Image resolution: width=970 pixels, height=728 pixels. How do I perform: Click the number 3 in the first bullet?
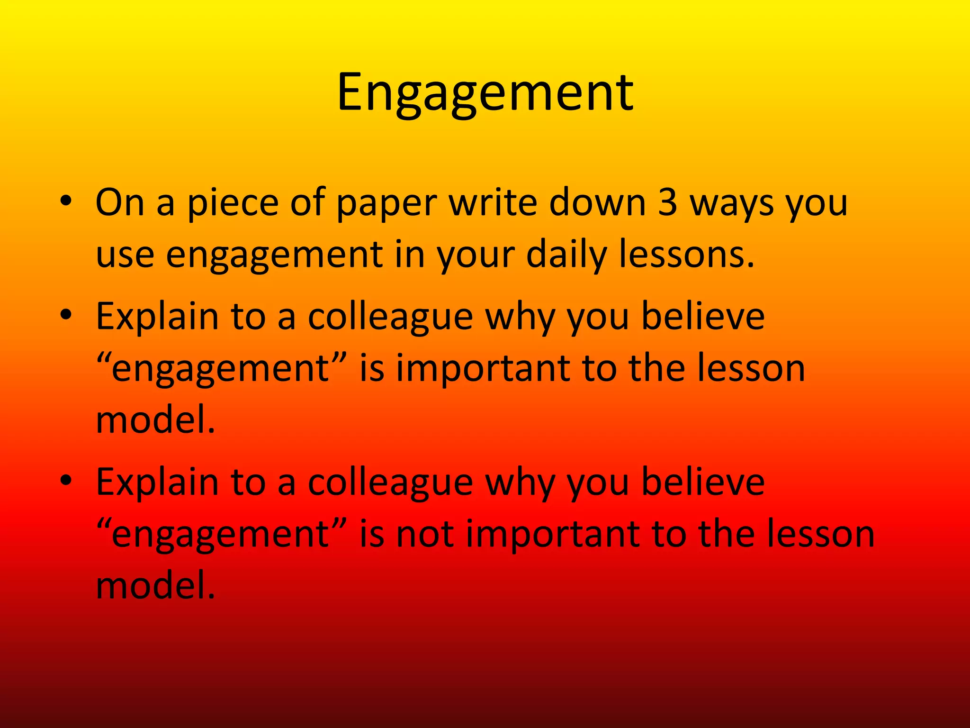(x=667, y=203)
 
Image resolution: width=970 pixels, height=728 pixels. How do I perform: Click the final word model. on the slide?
(x=155, y=586)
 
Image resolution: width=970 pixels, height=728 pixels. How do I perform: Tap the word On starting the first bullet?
(x=120, y=203)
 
